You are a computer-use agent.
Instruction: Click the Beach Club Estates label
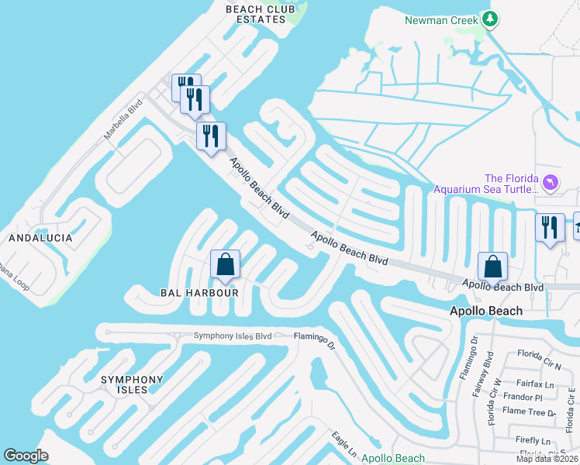260,14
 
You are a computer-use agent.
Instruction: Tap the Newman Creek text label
440,19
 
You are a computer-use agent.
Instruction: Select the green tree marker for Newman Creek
489,19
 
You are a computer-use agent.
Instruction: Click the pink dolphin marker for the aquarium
551,182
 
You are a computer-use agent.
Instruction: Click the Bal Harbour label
188,293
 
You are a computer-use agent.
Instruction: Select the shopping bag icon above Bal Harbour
225,264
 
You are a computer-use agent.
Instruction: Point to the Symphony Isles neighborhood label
132,384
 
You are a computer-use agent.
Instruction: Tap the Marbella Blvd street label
124,119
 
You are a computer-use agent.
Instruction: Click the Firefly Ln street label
532,439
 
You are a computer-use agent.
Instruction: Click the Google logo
26,456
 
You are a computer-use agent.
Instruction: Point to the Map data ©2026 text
547,459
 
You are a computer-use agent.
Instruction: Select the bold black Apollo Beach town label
485,311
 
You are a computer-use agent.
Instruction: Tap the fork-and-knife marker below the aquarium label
550,229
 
